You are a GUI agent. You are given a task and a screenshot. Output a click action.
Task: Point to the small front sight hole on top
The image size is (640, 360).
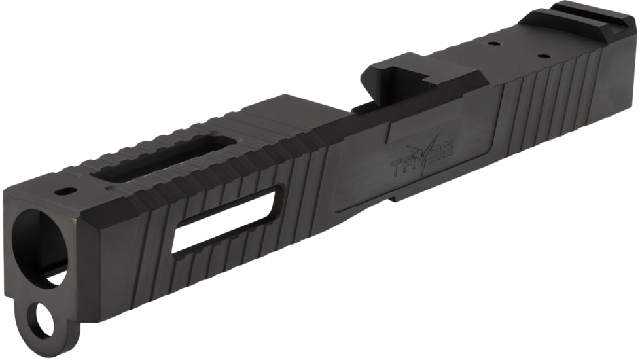[65, 192]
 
